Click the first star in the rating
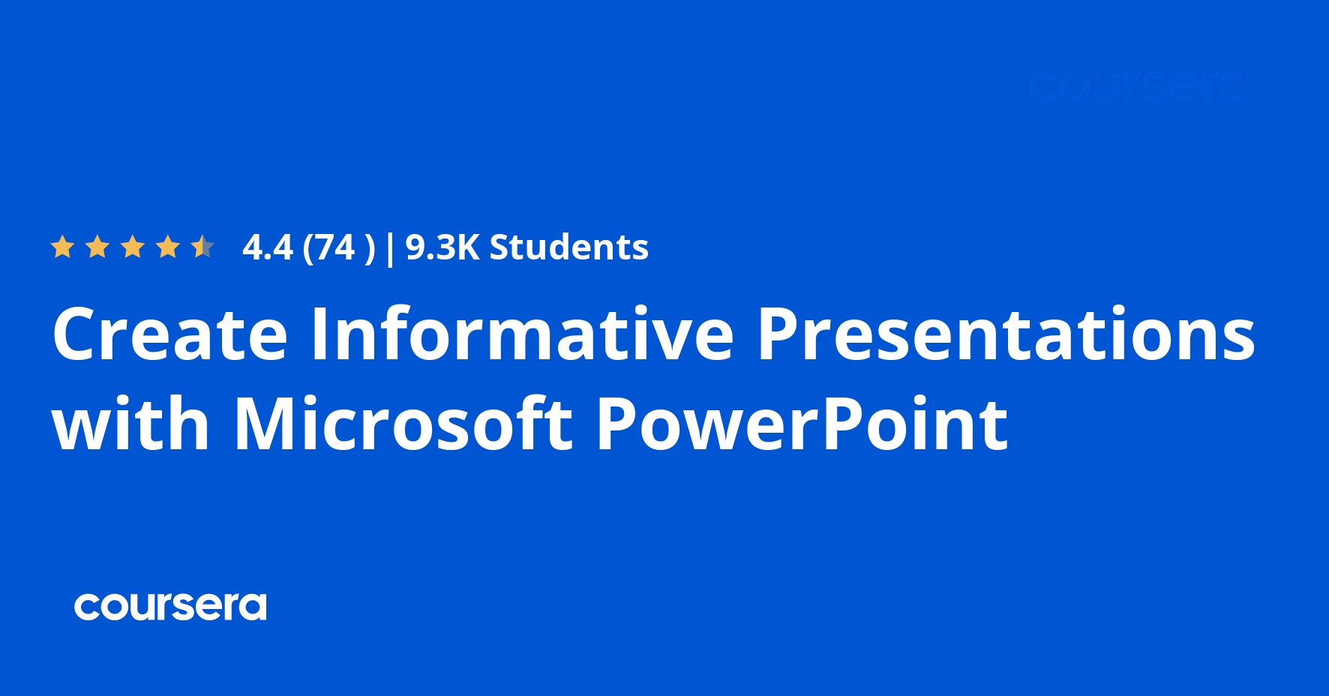point(62,247)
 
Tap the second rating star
point(97,247)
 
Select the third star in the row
point(133,247)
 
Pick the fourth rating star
point(168,247)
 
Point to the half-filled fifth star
point(202,247)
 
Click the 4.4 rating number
point(268,247)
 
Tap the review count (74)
point(337,247)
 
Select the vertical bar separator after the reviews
point(389,247)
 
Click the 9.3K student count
point(442,247)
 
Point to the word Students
point(568,247)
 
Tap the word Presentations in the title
point(1006,334)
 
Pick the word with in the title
point(131,424)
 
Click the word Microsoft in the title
point(403,424)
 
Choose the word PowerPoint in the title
point(802,424)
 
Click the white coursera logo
point(170,607)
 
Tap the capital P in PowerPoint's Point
point(841,424)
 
